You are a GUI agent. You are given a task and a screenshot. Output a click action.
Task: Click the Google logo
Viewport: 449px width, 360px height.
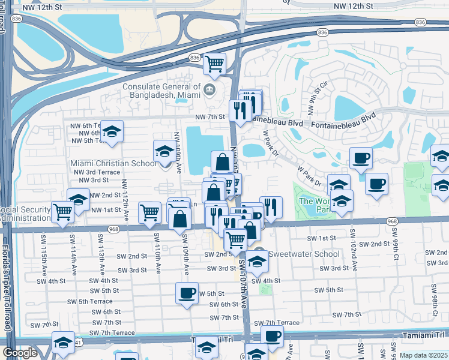click(20, 353)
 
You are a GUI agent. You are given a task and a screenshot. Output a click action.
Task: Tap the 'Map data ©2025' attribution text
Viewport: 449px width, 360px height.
click(423, 355)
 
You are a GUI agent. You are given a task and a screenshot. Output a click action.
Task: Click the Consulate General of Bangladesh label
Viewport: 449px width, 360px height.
click(162, 91)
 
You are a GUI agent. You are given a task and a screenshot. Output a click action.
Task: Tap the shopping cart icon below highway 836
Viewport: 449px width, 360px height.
click(214, 64)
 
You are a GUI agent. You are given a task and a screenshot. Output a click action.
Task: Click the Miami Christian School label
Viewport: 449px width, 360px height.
click(113, 163)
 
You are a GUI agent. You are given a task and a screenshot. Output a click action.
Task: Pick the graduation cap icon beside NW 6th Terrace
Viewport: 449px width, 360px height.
click(111, 133)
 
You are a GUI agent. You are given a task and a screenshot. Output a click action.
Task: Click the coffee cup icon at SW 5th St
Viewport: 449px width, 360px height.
click(187, 293)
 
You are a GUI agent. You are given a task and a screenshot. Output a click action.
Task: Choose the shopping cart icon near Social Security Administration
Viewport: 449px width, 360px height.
click(63, 211)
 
